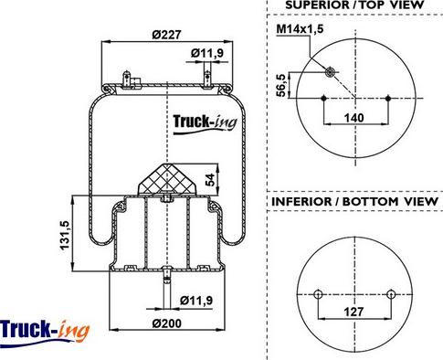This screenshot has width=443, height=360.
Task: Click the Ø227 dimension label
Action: click(166, 35)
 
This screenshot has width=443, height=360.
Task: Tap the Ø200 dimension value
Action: click(166, 323)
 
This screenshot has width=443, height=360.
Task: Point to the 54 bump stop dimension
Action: click(210, 180)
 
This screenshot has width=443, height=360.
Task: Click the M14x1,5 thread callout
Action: click(300, 29)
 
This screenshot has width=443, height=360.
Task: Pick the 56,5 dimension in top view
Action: click(281, 85)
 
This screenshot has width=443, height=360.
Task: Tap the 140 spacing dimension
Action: click(353, 117)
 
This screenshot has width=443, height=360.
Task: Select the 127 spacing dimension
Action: click(353, 312)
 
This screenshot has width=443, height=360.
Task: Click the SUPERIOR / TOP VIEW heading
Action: click(354, 5)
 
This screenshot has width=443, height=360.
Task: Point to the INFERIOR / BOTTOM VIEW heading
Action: click(354, 202)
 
